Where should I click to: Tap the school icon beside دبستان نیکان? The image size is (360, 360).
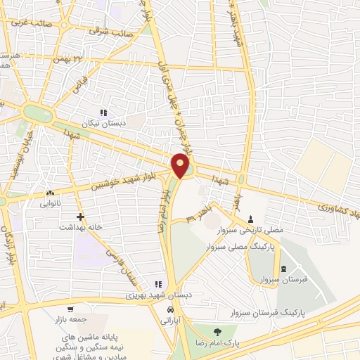(x=103, y=112)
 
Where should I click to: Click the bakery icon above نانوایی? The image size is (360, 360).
(x=50, y=193)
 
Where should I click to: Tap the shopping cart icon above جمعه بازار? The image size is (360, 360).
(x=70, y=309)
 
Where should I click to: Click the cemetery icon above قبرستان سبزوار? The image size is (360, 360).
(x=283, y=271)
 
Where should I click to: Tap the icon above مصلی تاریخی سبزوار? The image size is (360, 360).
(x=251, y=219)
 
